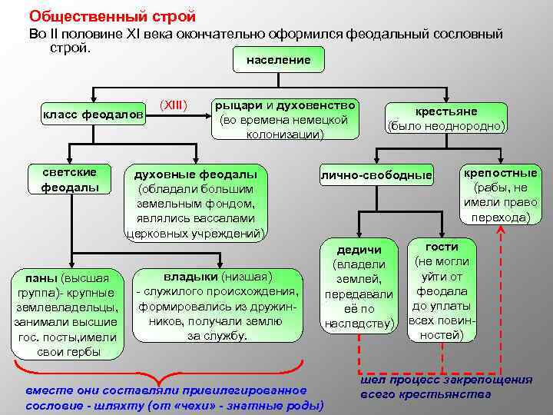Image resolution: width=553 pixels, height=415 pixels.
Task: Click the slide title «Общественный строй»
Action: [112, 15]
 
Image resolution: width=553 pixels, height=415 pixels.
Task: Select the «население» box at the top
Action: [278, 60]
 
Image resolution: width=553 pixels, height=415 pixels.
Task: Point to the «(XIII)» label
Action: [174, 104]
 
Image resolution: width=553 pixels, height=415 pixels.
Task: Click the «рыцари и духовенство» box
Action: [285, 119]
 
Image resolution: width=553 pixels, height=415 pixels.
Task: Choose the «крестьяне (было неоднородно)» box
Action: [445, 118]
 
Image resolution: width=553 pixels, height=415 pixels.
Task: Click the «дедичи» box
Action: [359, 286]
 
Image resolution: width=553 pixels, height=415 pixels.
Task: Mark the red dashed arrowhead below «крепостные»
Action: [501, 232]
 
